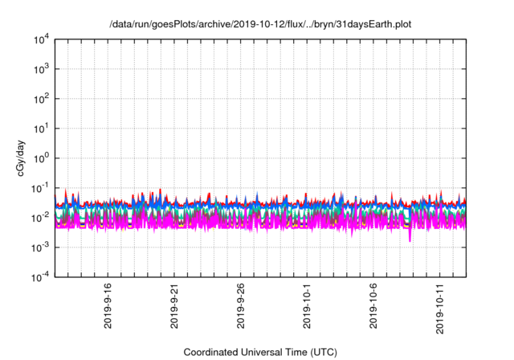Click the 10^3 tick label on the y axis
coord(39,69)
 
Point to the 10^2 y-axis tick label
coord(39,99)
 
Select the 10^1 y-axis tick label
coord(39,128)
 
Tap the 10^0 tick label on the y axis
coord(39,157)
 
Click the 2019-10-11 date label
coord(439,304)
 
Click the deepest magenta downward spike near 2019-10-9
coord(410,239)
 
